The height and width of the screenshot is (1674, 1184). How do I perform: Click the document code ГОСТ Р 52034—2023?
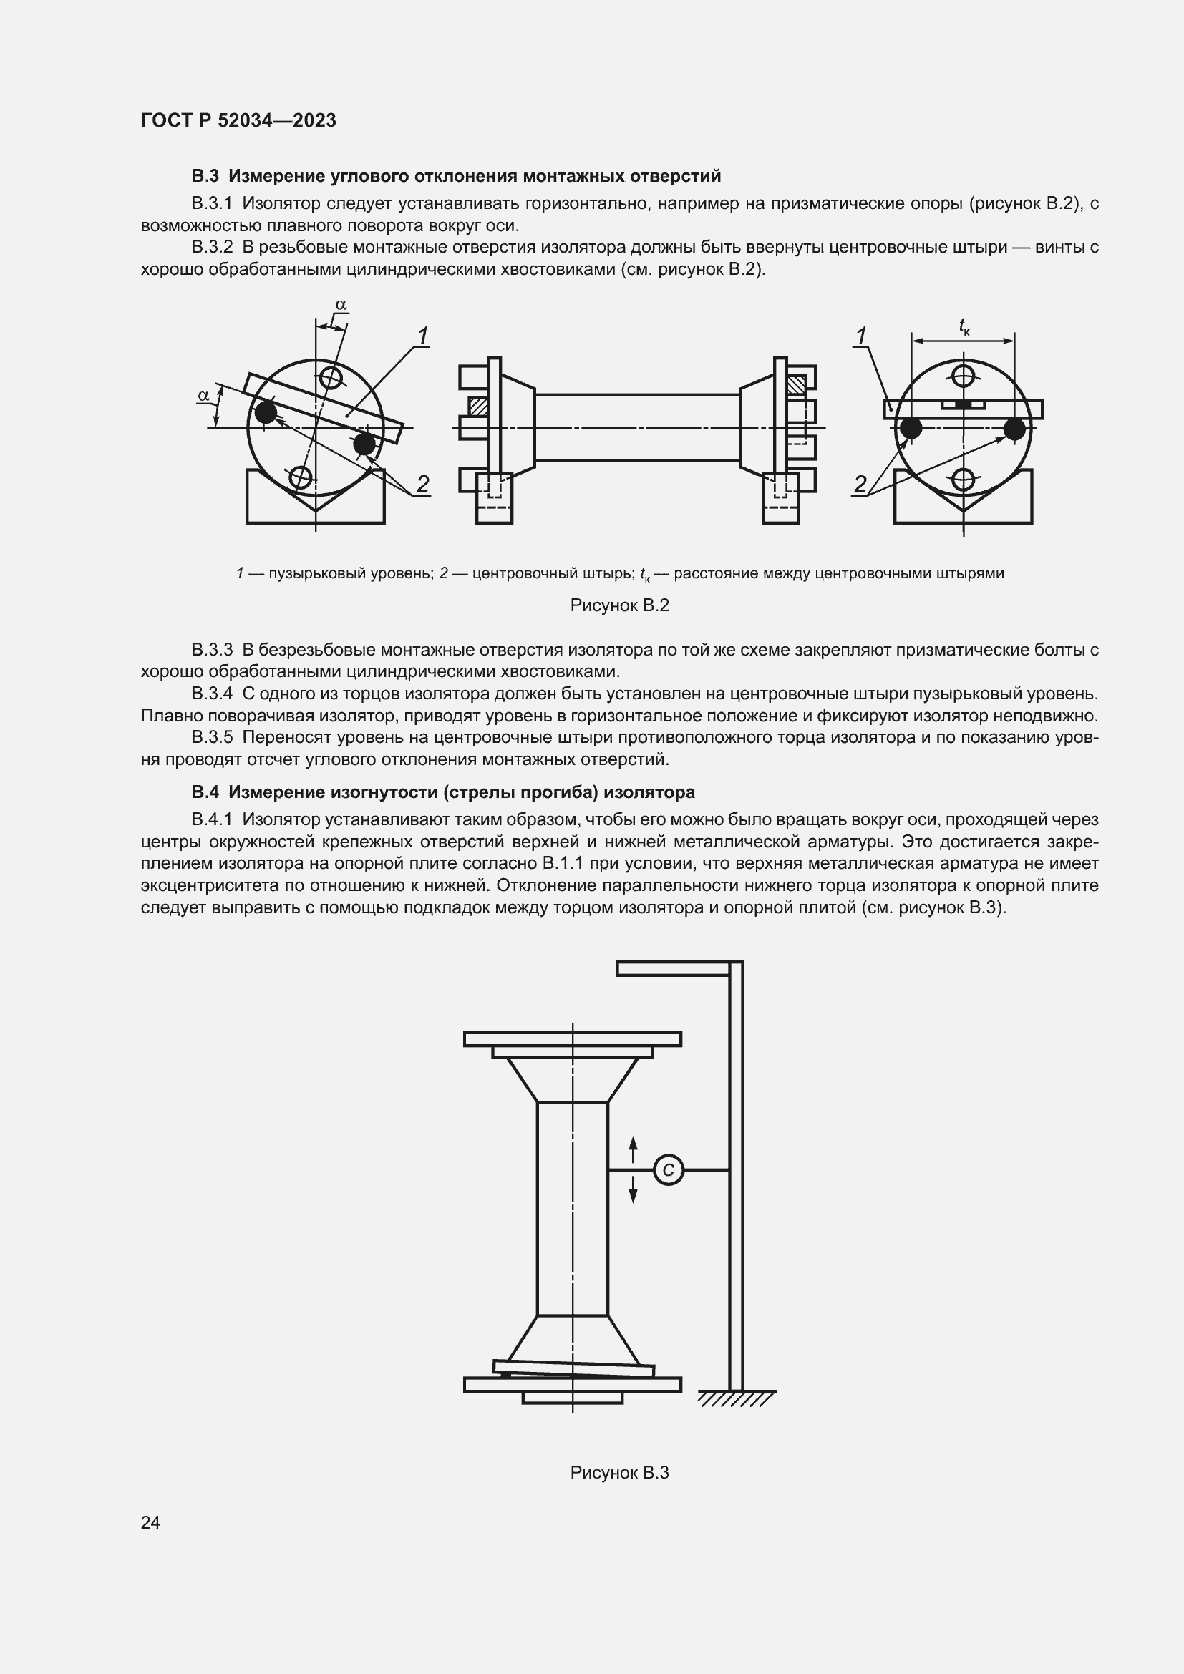point(238,120)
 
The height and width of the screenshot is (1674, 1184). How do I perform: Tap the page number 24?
point(150,1522)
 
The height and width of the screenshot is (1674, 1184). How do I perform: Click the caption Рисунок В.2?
point(619,605)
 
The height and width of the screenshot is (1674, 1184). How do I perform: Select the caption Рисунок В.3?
point(619,1472)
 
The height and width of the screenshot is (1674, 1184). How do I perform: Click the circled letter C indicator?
point(668,1170)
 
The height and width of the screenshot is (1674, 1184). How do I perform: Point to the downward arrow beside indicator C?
point(633,1191)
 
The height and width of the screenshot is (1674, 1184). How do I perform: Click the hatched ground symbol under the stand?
point(736,1398)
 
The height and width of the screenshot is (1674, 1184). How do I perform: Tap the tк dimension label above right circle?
point(964,327)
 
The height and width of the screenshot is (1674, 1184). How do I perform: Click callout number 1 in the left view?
point(422,336)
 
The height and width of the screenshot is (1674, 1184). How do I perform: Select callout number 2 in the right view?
point(860,483)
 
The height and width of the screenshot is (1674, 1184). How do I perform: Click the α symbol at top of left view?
point(341,305)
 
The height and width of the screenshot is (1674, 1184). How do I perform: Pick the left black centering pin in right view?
point(911,429)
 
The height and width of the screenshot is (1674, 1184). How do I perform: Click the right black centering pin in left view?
point(364,443)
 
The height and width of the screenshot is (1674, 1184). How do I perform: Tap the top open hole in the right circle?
point(963,377)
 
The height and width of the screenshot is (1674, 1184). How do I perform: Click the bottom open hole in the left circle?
point(301,477)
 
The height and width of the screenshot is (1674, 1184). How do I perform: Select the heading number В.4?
point(205,792)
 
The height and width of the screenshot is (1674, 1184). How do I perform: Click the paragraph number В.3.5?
point(212,737)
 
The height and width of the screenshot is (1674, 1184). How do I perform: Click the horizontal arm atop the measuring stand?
point(673,968)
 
